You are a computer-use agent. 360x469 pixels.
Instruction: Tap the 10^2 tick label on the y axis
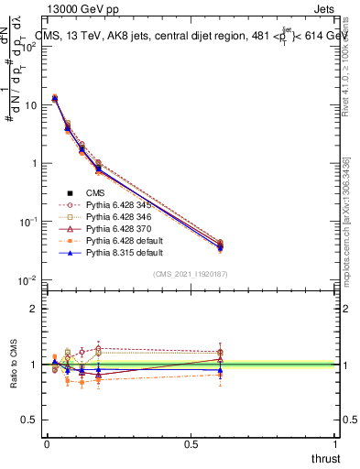coord(29,47)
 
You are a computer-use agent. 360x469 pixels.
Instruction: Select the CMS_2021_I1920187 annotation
coord(191,274)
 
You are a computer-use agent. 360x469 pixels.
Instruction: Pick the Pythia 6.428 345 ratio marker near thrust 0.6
coord(220,352)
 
